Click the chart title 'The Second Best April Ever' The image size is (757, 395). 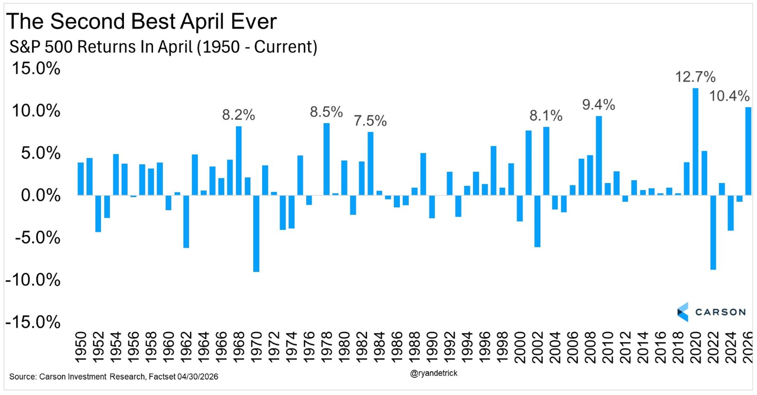(x=141, y=21)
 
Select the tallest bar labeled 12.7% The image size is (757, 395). (x=695, y=142)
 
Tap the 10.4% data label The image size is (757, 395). (x=729, y=96)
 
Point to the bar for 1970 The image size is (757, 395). (x=256, y=233)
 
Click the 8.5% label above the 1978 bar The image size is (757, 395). (x=326, y=112)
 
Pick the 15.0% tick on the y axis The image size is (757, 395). (x=36, y=68)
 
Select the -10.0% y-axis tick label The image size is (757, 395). (x=33, y=280)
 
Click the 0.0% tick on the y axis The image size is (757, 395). (x=41, y=195)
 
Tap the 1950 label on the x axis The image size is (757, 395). (x=81, y=347)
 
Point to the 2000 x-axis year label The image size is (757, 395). (x=520, y=347)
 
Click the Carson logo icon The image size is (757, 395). (x=683, y=312)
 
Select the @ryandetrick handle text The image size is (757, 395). (x=434, y=373)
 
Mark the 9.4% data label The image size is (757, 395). (x=599, y=105)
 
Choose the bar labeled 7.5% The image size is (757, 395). (x=371, y=164)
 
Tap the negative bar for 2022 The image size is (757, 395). (x=713, y=232)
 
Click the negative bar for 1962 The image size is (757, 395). (x=186, y=222)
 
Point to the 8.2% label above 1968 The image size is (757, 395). (x=239, y=115)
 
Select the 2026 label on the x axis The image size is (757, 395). (x=748, y=347)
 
